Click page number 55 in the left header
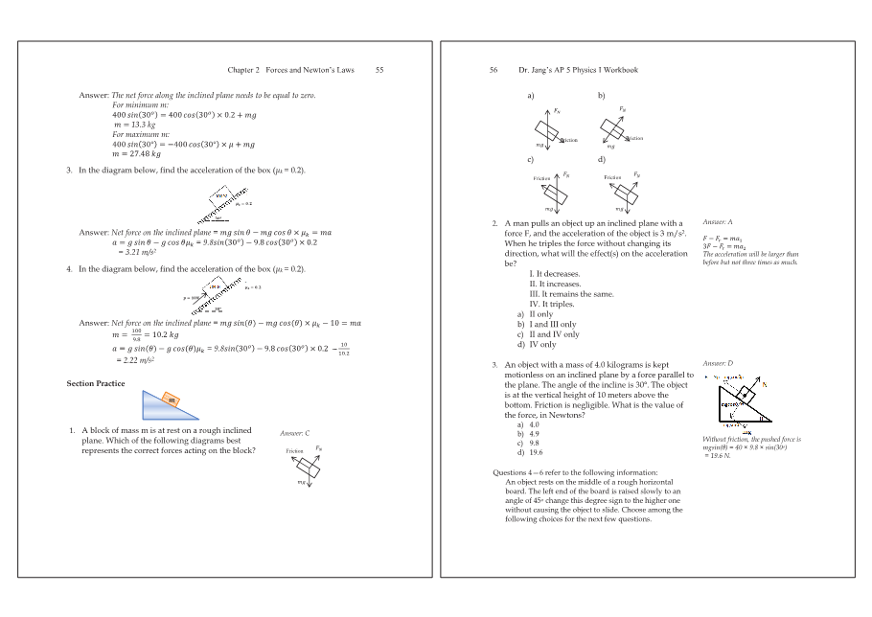379,70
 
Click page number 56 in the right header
493,70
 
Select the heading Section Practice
95,383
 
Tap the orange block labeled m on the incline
171,400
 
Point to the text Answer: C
294,434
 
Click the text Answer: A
717,222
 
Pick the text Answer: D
717,364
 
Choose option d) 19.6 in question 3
530,452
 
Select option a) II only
536,314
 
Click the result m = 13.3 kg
134,125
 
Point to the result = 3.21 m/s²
137,252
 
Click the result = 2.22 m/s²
137,360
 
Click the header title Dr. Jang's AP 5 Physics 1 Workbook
578,70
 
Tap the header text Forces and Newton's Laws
310,70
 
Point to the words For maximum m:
141,134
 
